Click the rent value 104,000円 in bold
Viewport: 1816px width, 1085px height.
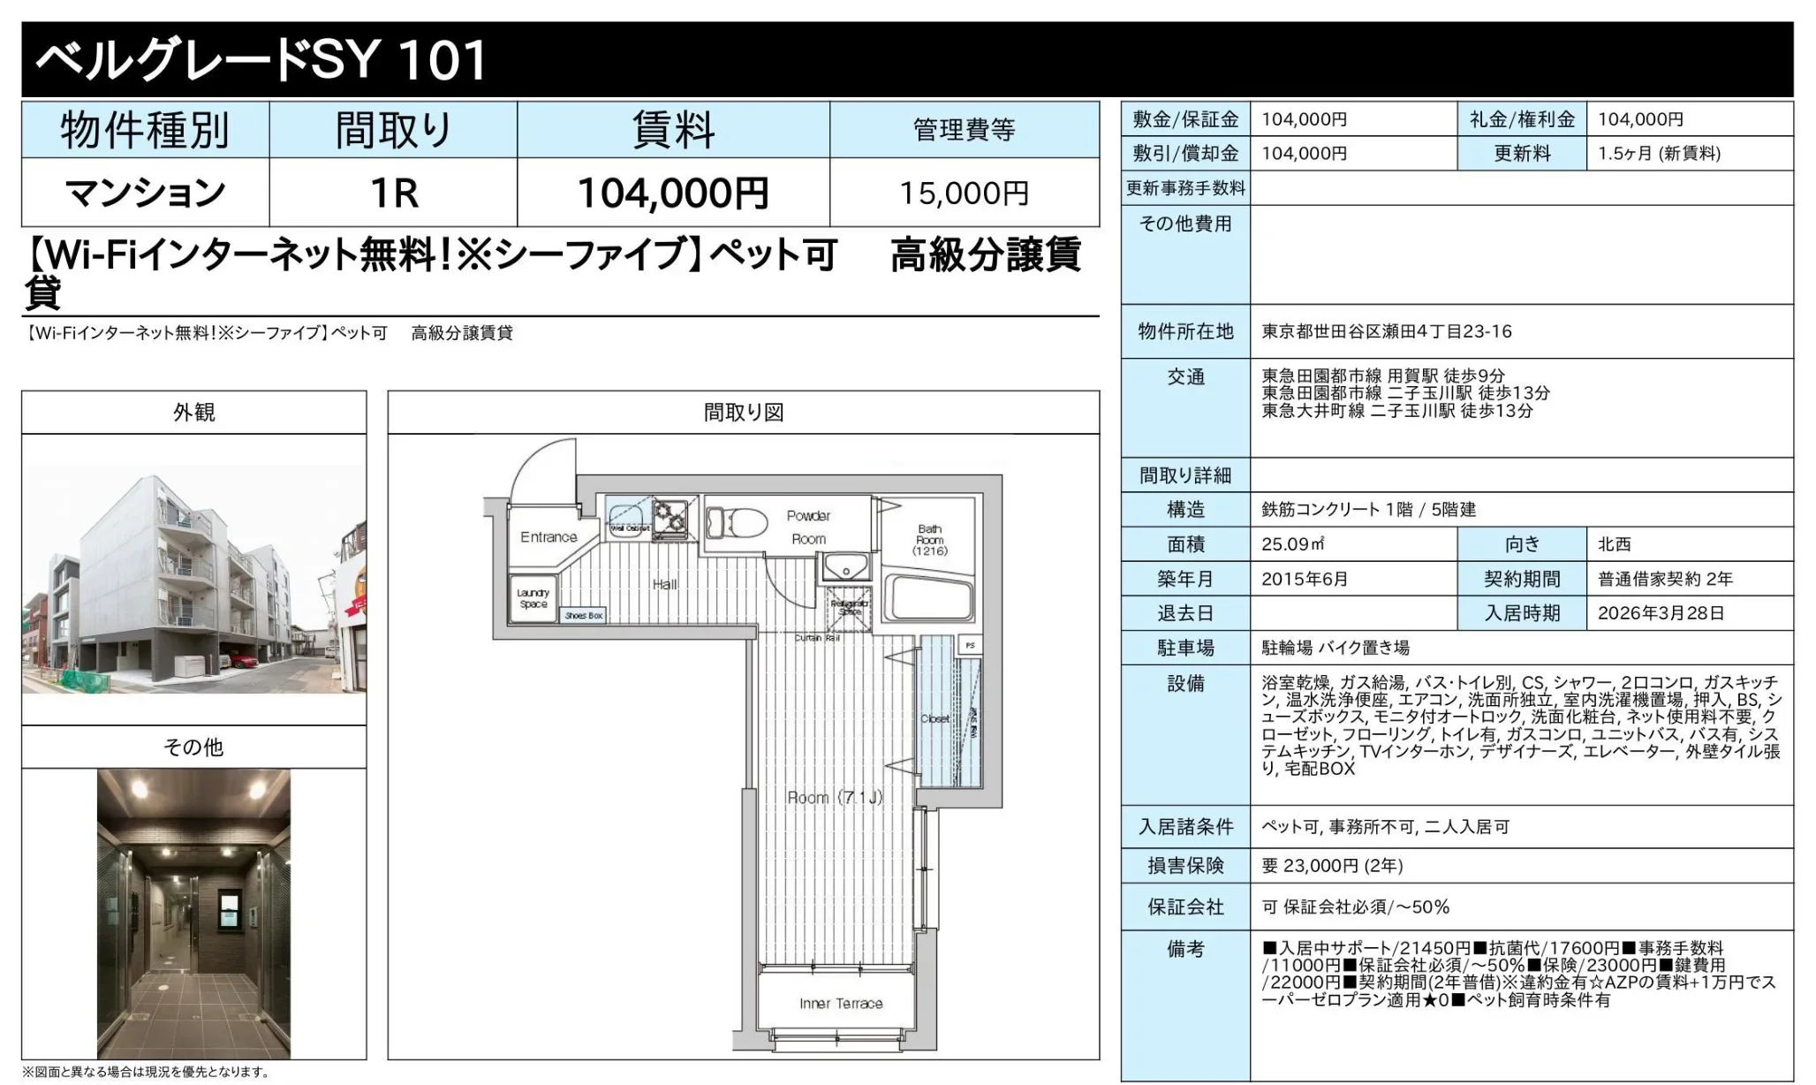(x=673, y=193)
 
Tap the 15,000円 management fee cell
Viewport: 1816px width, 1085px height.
(x=964, y=193)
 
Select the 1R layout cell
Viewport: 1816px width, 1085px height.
(x=393, y=193)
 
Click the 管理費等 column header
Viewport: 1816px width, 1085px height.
(x=964, y=130)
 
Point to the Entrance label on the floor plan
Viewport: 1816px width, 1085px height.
(x=549, y=537)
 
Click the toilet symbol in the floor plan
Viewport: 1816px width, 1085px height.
(x=738, y=520)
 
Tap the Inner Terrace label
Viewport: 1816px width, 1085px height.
(x=841, y=1004)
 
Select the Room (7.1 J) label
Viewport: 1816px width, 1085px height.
(x=835, y=798)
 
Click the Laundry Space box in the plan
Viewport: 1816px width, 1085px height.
(x=533, y=599)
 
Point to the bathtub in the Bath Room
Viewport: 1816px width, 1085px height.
(x=931, y=597)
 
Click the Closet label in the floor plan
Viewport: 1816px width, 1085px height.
(x=934, y=718)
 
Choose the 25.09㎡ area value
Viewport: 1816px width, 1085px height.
(x=1292, y=544)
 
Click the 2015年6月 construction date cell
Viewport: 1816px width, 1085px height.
(x=1305, y=579)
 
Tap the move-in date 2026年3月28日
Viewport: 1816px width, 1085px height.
(x=1661, y=613)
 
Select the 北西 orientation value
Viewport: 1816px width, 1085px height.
(x=1614, y=544)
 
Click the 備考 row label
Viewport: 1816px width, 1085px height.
(x=1184, y=949)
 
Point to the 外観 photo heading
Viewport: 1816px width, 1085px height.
(x=193, y=413)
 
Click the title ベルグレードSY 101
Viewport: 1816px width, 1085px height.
(x=261, y=60)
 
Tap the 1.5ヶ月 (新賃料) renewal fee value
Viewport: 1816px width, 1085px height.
(x=1659, y=154)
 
